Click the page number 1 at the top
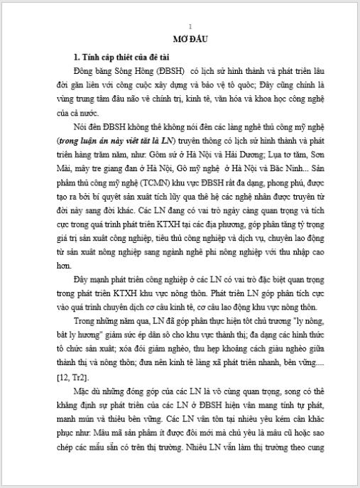(180, 26)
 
